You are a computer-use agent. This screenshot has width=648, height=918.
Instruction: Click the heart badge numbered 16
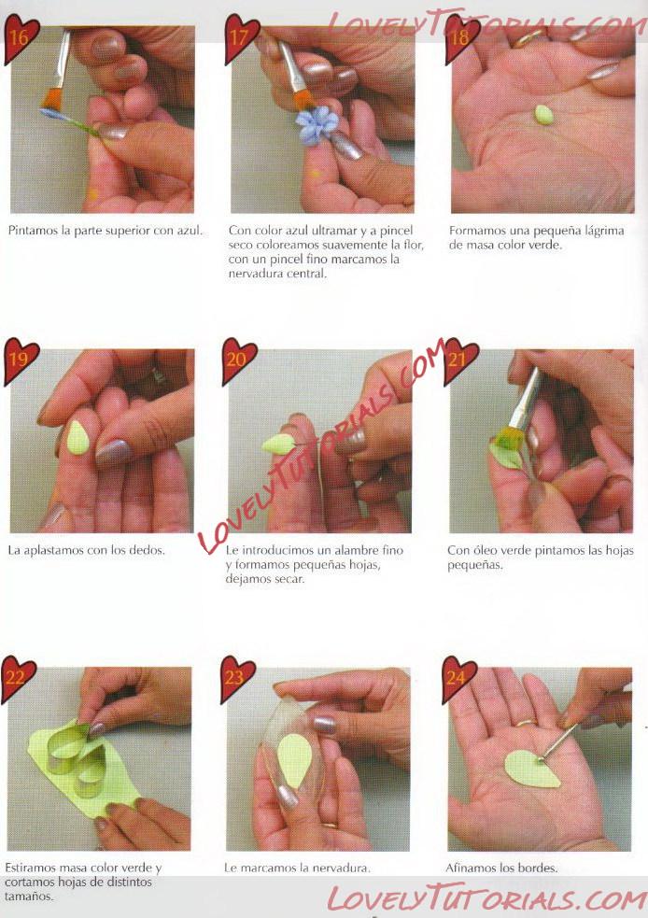click(21, 38)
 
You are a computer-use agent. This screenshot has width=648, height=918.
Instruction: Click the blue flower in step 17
click(317, 125)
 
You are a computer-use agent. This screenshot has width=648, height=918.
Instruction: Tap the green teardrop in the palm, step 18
click(543, 114)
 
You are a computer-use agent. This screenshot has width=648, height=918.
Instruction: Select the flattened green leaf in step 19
click(77, 438)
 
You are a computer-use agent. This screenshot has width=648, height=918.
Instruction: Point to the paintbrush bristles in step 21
click(508, 437)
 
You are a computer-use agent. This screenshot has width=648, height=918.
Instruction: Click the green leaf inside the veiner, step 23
click(294, 761)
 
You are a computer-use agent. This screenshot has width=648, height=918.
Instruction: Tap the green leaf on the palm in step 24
click(532, 769)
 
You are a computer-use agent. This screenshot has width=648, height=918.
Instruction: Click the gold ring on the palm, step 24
click(525, 723)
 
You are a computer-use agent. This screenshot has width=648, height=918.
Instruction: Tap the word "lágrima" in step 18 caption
click(604, 231)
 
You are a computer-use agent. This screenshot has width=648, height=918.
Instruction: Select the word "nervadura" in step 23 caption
click(343, 868)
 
